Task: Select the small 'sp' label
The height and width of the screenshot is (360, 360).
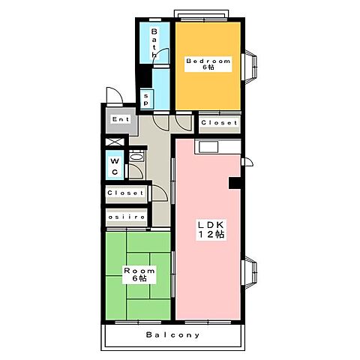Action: (146, 97)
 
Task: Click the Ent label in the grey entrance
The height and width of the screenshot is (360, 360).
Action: (120, 119)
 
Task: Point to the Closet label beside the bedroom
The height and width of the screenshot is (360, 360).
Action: (219, 122)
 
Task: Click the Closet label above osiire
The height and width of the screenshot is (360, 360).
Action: (124, 193)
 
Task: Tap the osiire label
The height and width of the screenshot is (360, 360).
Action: (124, 217)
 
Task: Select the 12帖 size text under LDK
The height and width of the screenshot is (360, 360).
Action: (211, 235)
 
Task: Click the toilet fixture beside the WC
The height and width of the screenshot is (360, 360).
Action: (136, 159)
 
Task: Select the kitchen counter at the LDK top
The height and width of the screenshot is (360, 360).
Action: (208, 145)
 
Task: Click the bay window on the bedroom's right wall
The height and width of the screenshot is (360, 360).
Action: (250, 65)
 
